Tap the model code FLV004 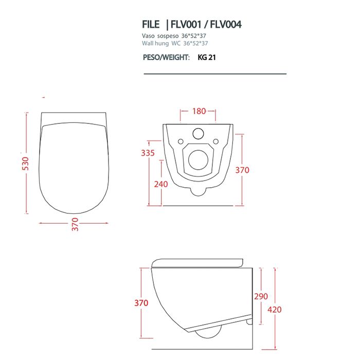pyautogui.click(x=226, y=24)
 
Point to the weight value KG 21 pyautogui.click(x=207, y=58)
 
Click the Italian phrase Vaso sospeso pyautogui.click(x=159, y=37)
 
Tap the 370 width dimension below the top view pyautogui.click(x=75, y=225)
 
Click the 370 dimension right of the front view pyautogui.click(x=242, y=170)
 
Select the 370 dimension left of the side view pyautogui.click(x=141, y=303)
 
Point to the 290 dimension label pyautogui.click(x=261, y=297)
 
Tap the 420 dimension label pyautogui.click(x=275, y=310)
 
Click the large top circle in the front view pyautogui.click(x=198, y=134)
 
